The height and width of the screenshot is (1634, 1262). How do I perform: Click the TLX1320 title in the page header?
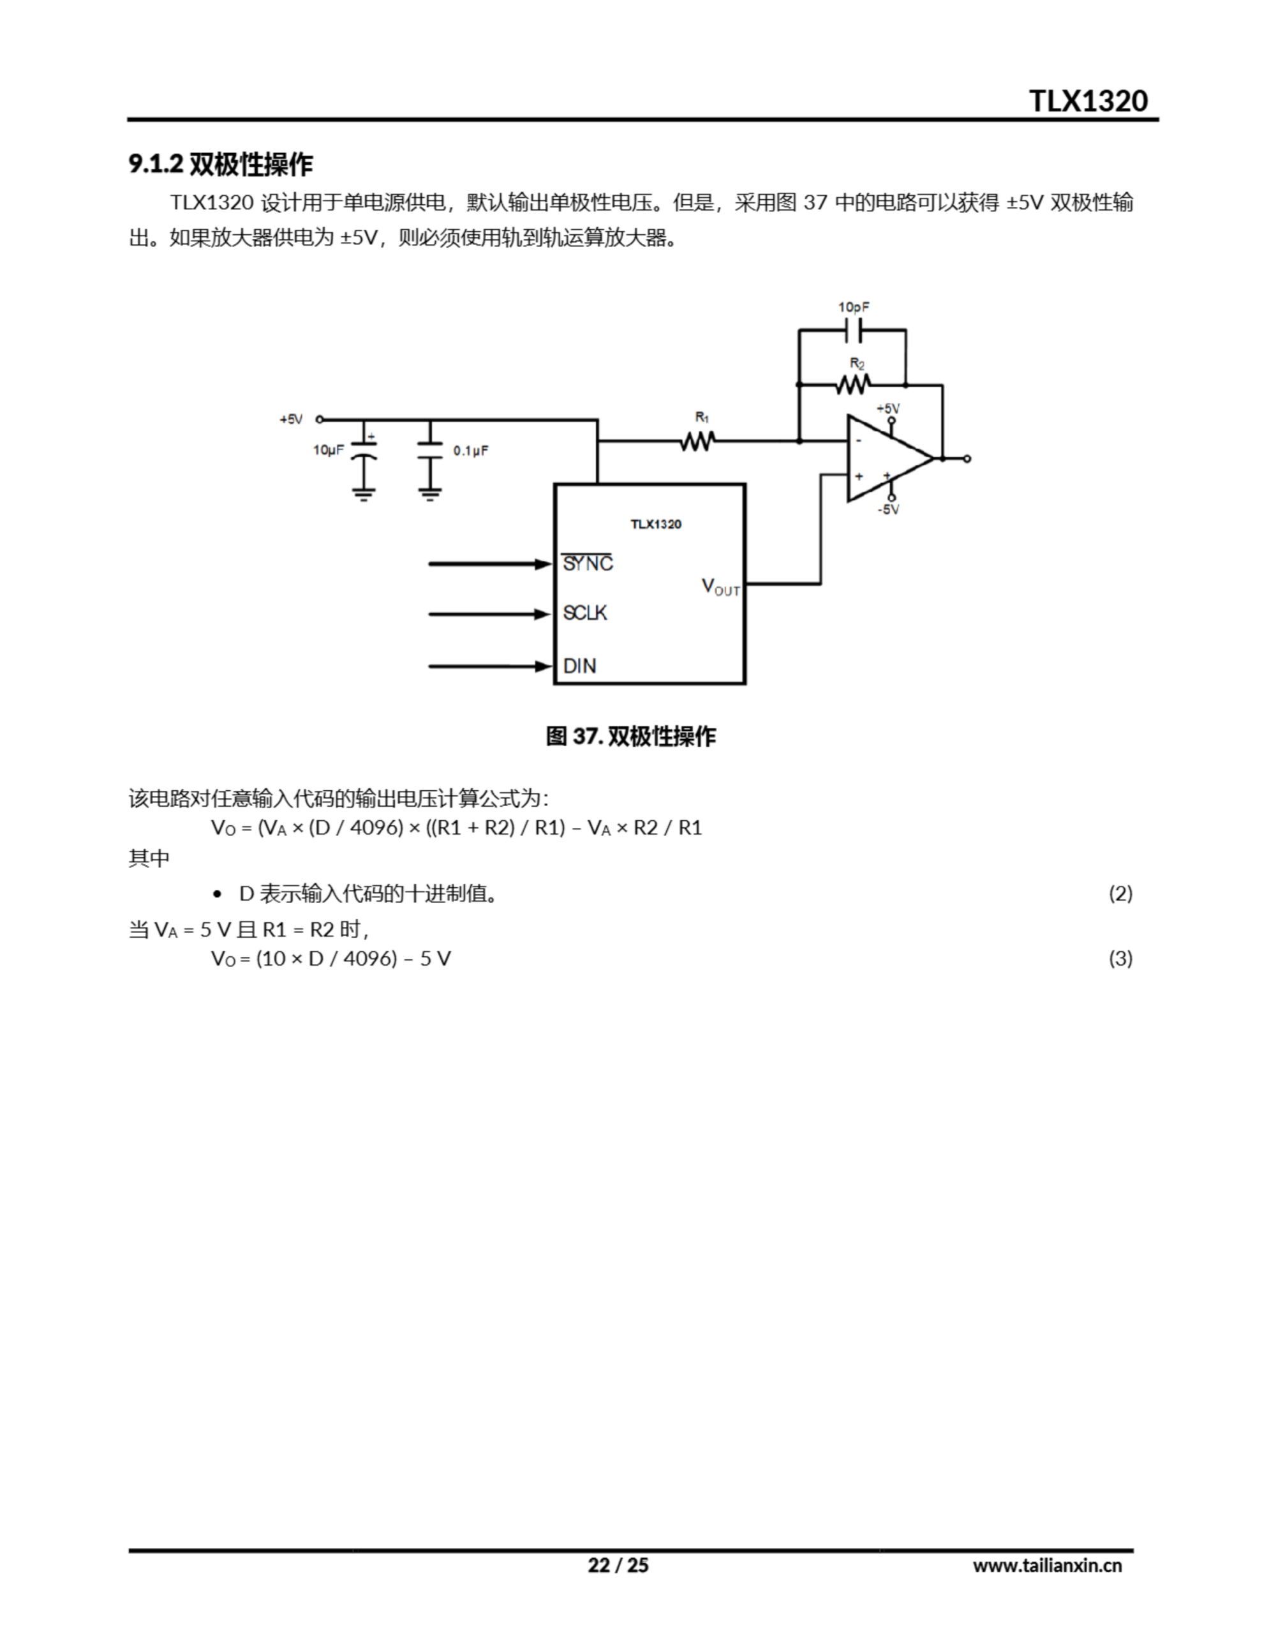click(1088, 101)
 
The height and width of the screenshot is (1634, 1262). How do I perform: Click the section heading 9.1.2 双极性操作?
click(221, 165)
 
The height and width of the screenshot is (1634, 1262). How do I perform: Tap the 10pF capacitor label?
click(853, 308)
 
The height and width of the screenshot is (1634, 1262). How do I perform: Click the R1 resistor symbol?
click(697, 442)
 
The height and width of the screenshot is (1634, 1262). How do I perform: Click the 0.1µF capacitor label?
click(470, 451)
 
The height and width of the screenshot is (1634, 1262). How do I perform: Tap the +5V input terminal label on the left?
click(291, 420)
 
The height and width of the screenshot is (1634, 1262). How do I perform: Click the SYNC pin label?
click(587, 564)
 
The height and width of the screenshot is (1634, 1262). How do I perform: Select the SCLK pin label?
click(585, 613)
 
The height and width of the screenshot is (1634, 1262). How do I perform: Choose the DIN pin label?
click(580, 666)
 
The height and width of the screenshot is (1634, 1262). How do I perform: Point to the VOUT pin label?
click(720, 587)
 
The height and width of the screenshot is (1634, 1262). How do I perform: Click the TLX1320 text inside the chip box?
click(655, 524)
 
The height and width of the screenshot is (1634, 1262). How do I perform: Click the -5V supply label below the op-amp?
click(888, 509)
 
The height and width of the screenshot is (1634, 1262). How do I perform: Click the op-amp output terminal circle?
click(967, 459)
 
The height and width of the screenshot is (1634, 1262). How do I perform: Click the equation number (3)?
click(1120, 959)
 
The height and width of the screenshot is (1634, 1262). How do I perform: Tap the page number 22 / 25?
click(618, 1565)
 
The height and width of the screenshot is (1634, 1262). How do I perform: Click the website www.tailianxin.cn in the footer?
click(1046, 1565)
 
